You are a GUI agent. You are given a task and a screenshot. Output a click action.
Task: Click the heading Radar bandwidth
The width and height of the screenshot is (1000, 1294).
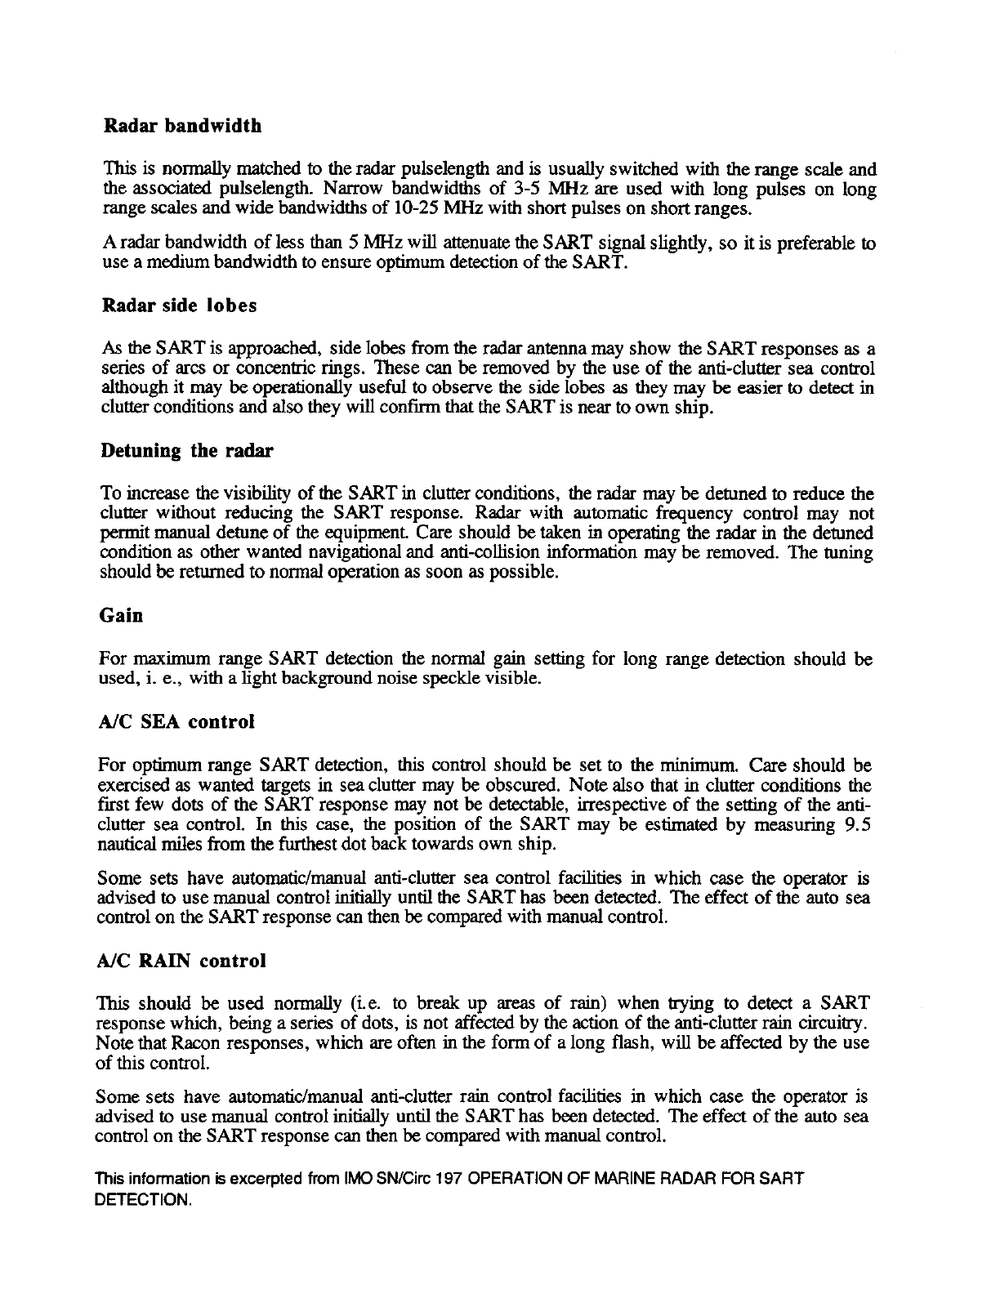pos(183,127)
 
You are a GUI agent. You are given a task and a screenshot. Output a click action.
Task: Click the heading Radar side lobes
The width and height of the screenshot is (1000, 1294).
pos(180,306)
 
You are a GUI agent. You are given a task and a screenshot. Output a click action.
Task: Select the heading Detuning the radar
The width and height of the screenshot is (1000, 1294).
pos(187,451)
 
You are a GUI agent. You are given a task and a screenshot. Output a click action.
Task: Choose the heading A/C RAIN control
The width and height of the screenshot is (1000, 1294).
pos(182,961)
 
